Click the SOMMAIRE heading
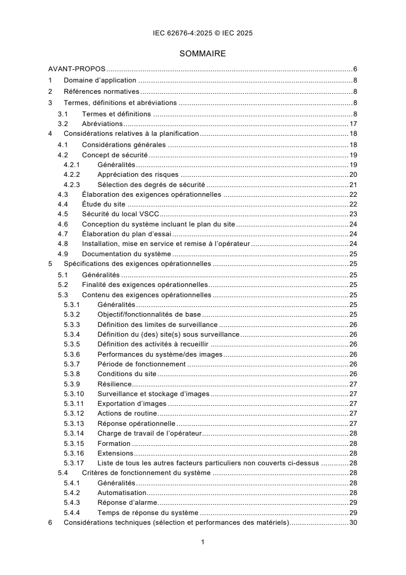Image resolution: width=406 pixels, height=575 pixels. (203, 53)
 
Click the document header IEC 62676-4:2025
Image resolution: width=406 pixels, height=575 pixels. (203, 33)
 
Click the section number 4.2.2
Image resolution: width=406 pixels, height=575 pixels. (72, 174)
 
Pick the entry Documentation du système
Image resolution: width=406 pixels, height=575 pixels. (126, 254)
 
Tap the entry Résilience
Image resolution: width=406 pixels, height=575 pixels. (115, 384)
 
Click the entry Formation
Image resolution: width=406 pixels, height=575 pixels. (114, 443)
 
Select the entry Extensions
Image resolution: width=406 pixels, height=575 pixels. (115, 454)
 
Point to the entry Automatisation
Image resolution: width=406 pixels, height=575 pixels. (122, 493)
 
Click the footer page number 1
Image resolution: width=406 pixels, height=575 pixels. (203, 542)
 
